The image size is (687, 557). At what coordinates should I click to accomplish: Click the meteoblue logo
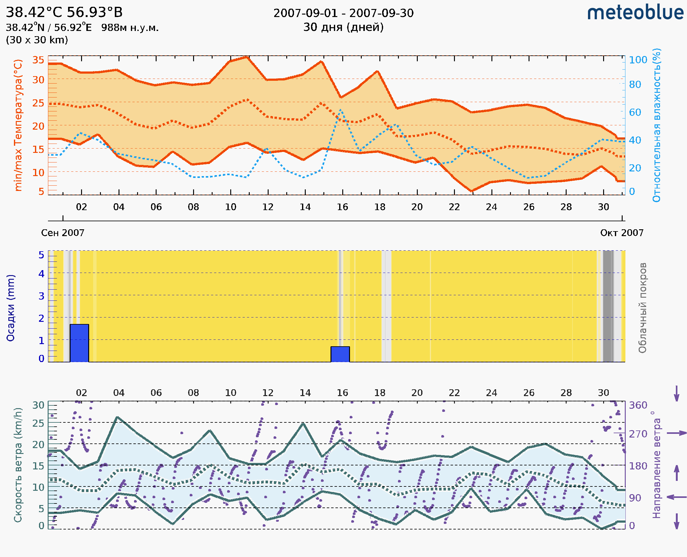tap(635, 13)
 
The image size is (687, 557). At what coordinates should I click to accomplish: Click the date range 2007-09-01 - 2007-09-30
tap(343, 13)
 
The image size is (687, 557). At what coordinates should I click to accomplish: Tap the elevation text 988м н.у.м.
tap(130, 28)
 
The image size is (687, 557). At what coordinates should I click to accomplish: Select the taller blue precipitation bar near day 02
tap(79, 343)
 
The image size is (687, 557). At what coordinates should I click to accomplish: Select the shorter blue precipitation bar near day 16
tap(340, 354)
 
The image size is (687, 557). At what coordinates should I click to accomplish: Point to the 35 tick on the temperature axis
tap(38, 60)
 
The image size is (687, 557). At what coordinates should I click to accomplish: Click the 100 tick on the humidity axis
tap(638, 60)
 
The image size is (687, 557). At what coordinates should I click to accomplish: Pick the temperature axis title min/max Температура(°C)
tap(18, 125)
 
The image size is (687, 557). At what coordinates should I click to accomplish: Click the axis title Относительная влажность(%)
tap(656, 125)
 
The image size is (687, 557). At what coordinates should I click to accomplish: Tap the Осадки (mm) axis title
tap(11, 308)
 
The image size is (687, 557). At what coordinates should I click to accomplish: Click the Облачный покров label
tap(642, 308)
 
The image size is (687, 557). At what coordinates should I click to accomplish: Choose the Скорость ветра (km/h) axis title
tap(18, 465)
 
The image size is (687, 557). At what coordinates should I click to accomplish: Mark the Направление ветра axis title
tap(656, 465)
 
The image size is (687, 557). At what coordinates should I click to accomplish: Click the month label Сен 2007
tap(63, 233)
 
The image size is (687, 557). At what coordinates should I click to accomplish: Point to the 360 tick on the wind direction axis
tap(638, 405)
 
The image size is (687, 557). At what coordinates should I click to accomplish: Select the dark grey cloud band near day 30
tap(608, 306)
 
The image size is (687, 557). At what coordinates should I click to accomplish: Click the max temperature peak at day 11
tap(246, 57)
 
